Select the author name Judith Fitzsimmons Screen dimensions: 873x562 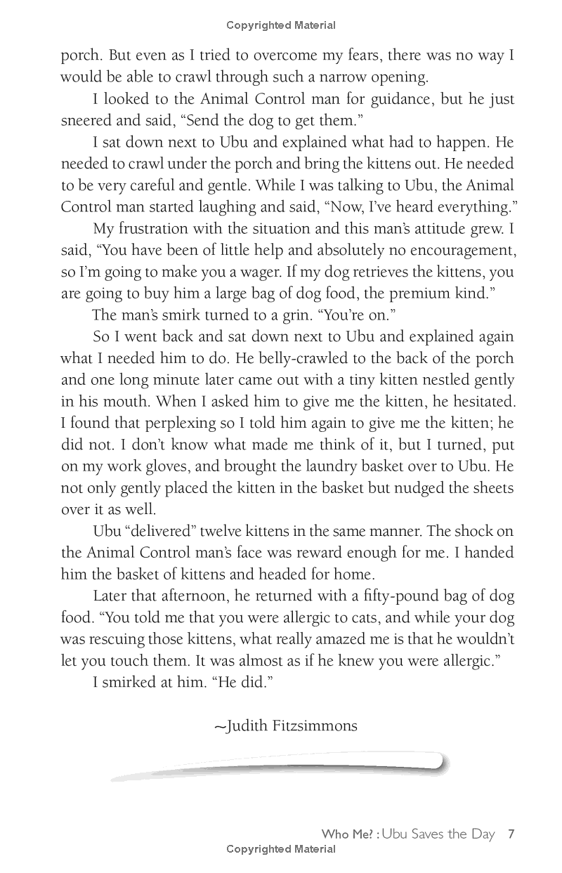click(x=285, y=726)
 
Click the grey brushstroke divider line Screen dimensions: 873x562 click(x=281, y=765)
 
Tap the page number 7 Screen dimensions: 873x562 click(x=512, y=834)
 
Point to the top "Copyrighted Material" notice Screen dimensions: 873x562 click(x=281, y=25)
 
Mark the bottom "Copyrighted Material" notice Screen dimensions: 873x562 click(x=281, y=849)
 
